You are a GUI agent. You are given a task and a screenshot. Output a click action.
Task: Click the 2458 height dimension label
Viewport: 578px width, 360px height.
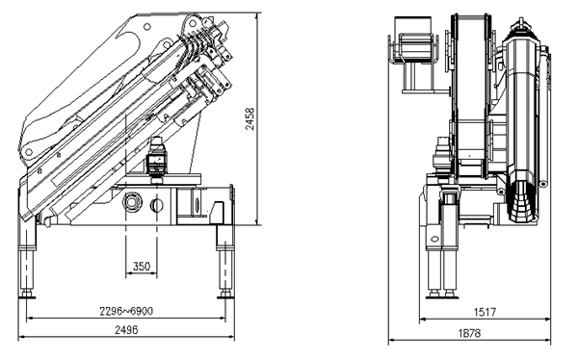click(x=250, y=118)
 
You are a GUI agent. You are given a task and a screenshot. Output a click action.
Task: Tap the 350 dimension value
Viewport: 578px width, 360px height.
click(x=142, y=266)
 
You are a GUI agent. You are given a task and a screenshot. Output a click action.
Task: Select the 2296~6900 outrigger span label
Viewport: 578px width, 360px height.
click(x=126, y=311)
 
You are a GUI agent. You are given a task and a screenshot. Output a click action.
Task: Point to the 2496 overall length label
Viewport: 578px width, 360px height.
click(x=126, y=330)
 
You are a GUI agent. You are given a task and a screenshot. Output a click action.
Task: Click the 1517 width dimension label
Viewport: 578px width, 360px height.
click(x=485, y=312)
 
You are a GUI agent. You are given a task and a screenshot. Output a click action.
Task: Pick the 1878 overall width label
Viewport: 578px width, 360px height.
click(x=470, y=333)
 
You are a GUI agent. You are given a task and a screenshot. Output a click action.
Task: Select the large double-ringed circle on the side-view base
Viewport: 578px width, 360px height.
click(x=132, y=202)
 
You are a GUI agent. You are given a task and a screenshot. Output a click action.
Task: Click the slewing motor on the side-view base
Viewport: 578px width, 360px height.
click(x=157, y=160)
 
